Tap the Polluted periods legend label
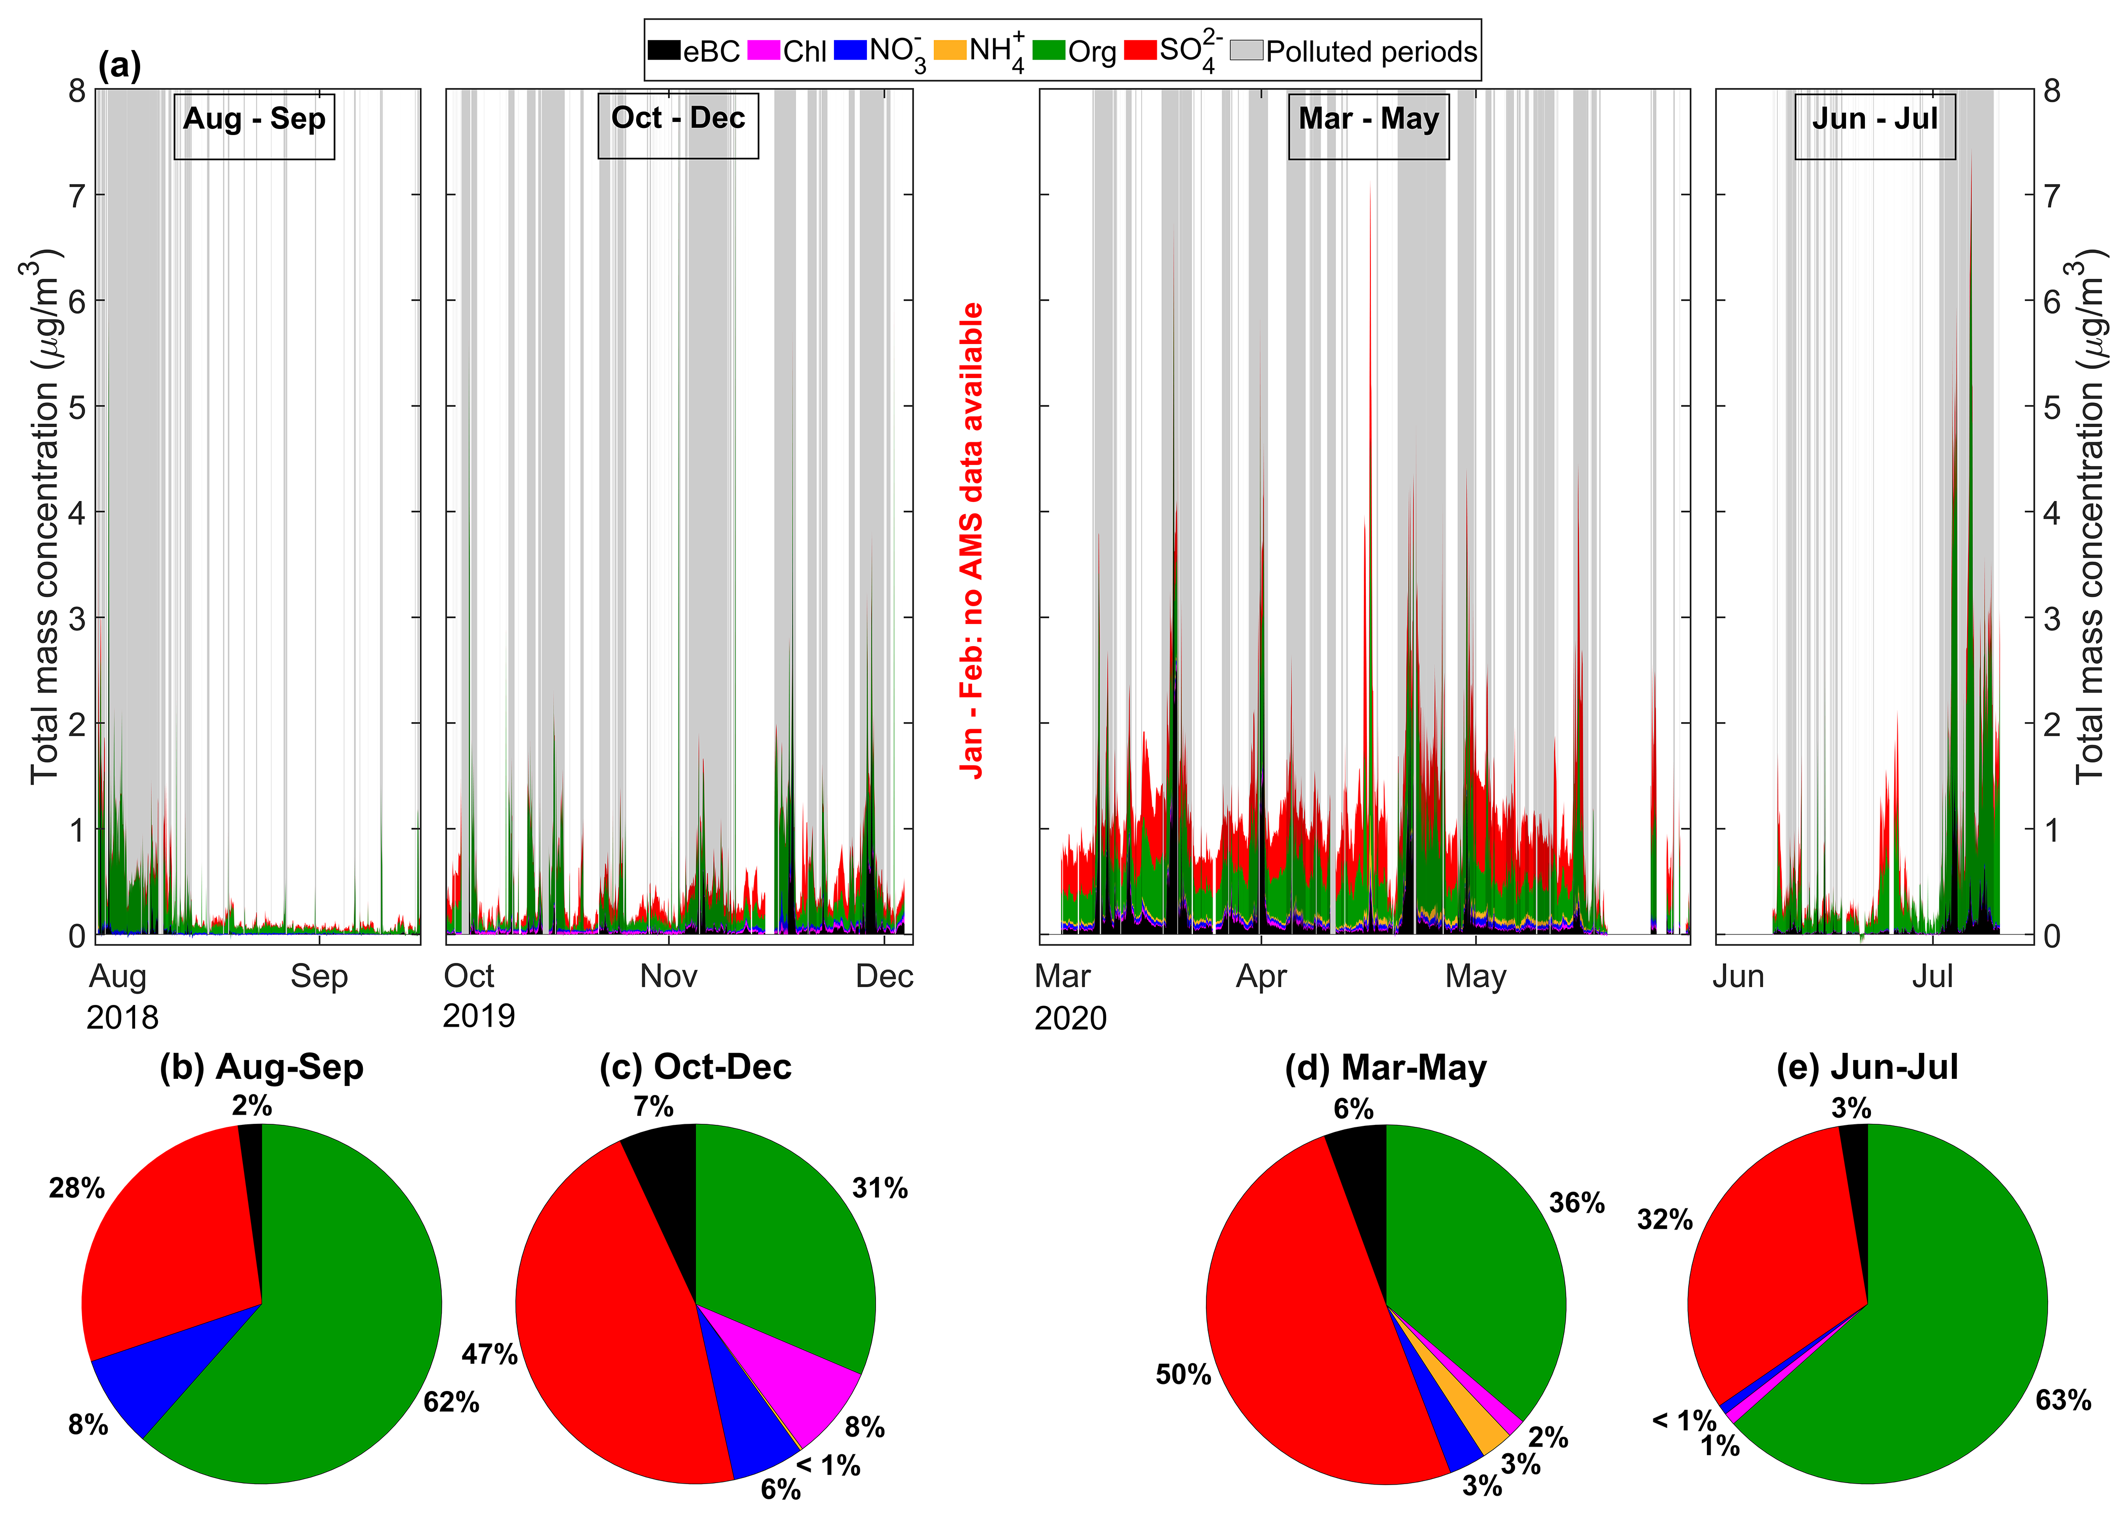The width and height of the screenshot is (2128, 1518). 1371,52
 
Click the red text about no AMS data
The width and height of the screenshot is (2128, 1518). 972,540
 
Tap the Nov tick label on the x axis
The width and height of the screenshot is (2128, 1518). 668,976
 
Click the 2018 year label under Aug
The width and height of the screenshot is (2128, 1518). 122,1017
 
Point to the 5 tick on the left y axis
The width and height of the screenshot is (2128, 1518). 76,407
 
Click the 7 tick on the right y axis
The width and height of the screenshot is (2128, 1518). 2052,195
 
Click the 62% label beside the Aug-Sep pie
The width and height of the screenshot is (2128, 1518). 451,1402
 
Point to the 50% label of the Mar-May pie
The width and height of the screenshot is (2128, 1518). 1183,1374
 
